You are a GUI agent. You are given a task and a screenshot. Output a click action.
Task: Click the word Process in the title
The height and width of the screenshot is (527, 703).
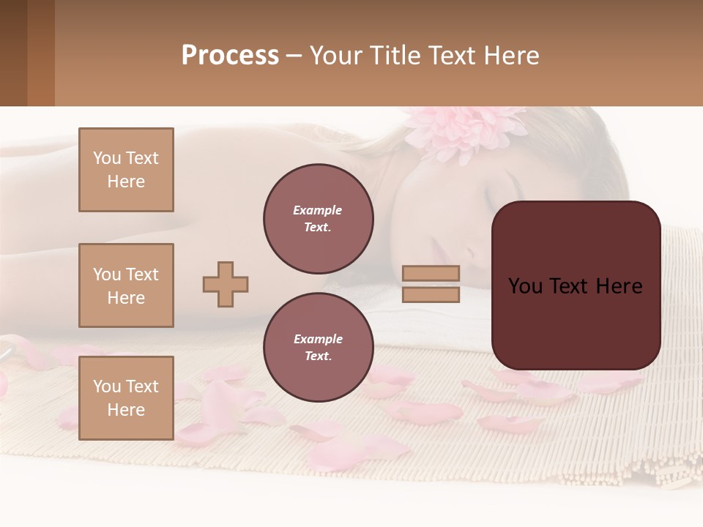tap(230, 56)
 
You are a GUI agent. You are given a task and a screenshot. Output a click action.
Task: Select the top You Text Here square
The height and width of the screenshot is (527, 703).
tap(126, 170)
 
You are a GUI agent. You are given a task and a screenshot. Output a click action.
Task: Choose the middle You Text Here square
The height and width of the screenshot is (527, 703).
tap(126, 285)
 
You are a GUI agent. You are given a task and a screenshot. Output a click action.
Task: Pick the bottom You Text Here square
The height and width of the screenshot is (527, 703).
tap(126, 398)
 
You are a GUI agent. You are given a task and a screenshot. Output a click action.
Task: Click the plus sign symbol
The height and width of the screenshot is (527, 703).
tap(226, 284)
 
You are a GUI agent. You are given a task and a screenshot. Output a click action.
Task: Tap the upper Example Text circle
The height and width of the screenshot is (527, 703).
tap(318, 218)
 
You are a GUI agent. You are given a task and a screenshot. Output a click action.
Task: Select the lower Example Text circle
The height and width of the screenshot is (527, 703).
tap(318, 347)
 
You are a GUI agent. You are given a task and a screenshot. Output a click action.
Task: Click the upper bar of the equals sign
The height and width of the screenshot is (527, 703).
tap(431, 273)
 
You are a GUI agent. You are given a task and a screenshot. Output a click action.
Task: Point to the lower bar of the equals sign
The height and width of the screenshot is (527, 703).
tap(431, 294)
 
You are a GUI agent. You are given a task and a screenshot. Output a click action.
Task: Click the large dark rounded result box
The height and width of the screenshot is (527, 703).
tap(576, 285)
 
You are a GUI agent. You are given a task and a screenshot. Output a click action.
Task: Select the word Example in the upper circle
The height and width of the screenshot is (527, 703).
tap(318, 210)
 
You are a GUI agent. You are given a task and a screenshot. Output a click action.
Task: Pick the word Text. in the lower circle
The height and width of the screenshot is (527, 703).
tap(318, 356)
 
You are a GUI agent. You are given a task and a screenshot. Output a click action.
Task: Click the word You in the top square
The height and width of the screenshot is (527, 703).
tap(107, 158)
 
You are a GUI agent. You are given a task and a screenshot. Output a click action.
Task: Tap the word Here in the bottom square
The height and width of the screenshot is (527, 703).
tap(126, 410)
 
